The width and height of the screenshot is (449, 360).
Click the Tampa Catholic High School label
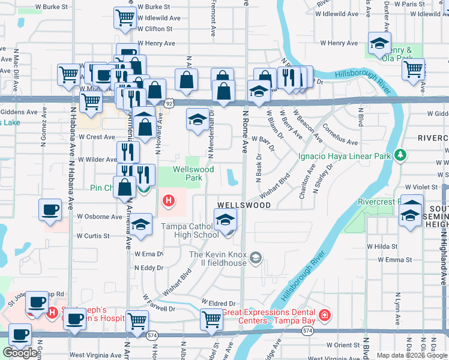click(x=190, y=230)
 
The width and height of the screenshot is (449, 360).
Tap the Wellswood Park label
click(x=193, y=173)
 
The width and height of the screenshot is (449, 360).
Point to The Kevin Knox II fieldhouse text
click(x=218, y=259)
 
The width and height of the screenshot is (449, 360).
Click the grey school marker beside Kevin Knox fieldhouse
click(x=256, y=259)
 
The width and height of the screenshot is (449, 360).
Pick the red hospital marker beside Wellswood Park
click(x=169, y=200)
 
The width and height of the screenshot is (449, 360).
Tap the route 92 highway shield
click(x=170, y=103)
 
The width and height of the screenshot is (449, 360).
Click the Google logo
click(x=20, y=353)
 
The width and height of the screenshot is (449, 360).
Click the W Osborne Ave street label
click(x=100, y=217)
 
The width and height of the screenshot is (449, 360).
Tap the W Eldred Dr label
click(x=218, y=304)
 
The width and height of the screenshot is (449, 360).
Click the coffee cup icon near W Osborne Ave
click(x=50, y=210)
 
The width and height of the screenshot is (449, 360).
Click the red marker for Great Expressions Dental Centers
click(x=325, y=314)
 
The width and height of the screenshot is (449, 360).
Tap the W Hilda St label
click(x=382, y=247)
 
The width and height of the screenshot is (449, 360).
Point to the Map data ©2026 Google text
click(x=412, y=355)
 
